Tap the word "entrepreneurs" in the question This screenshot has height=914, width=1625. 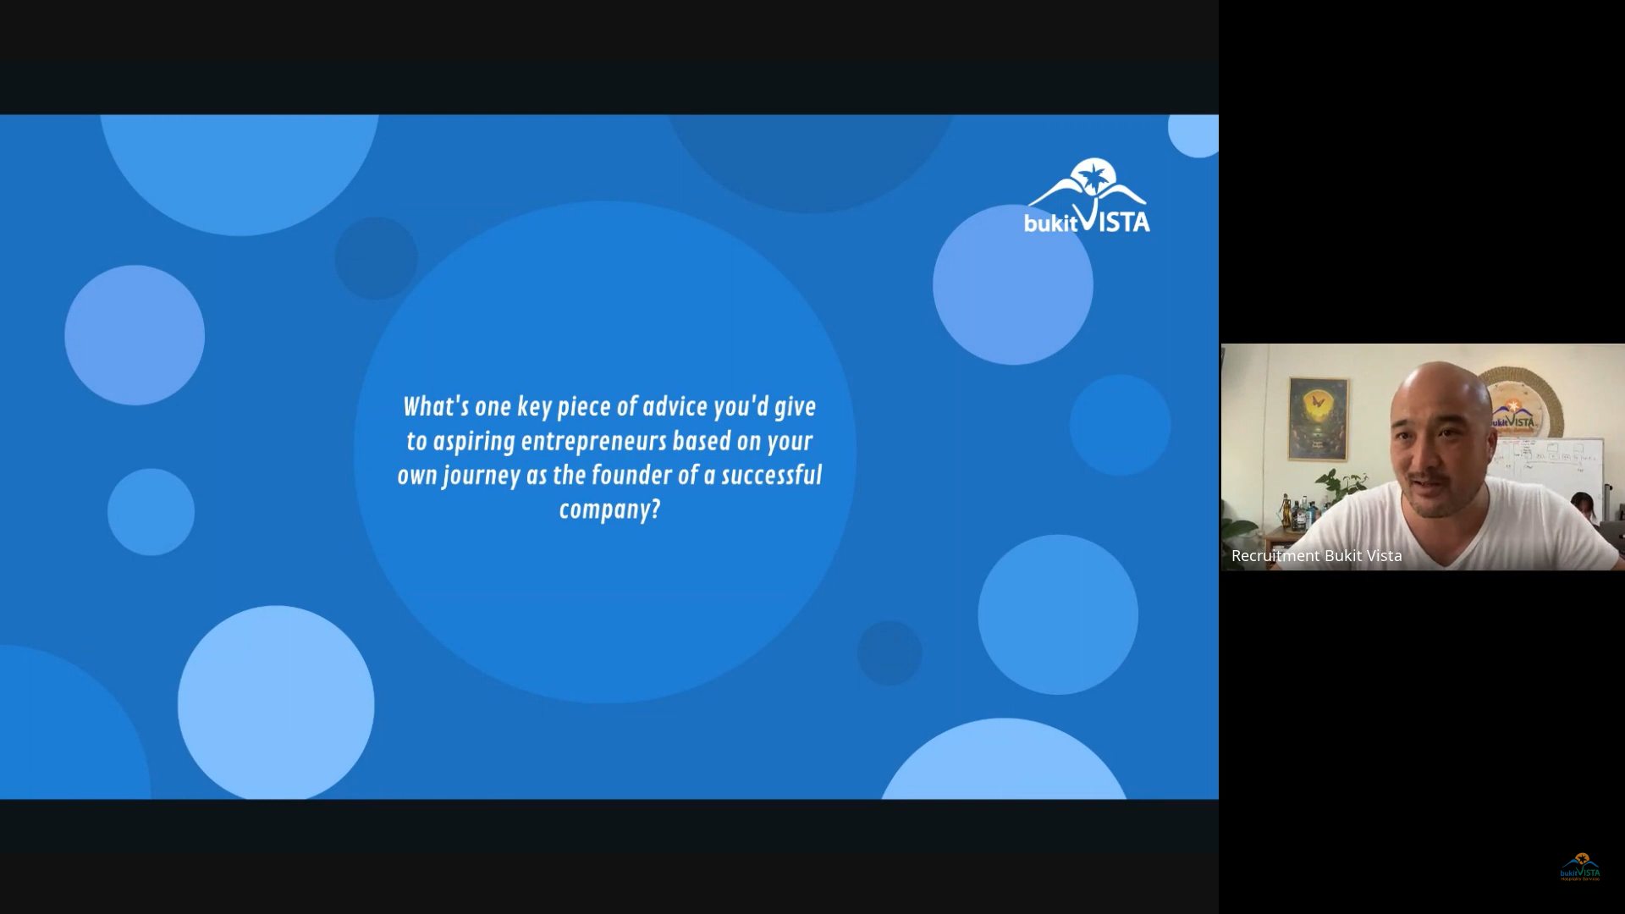point(593,442)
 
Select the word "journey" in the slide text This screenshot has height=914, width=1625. point(481,476)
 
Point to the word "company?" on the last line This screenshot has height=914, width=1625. point(609,510)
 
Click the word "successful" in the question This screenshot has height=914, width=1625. point(771,475)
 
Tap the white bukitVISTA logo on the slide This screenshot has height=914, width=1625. point(1087,195)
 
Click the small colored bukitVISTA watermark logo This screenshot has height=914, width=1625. point(1580,867)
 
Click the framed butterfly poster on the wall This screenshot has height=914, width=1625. point(1318,419)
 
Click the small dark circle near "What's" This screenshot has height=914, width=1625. point(376,258)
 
